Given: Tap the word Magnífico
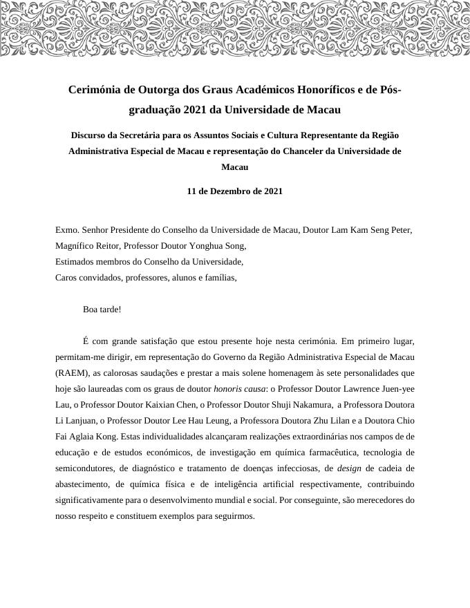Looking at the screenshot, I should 75,246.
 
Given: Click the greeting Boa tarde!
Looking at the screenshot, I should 102,310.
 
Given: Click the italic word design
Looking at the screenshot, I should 349,468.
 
